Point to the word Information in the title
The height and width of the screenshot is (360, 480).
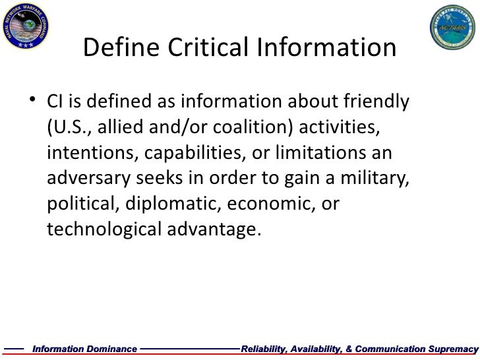point(333,48)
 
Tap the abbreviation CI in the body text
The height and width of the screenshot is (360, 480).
point(55,104)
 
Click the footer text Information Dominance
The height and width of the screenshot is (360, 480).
point(85,348)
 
